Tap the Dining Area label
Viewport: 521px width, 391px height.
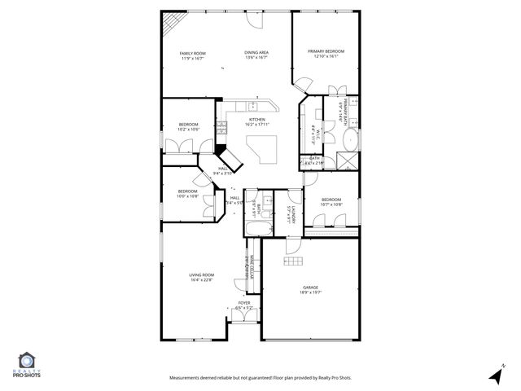point(256,54)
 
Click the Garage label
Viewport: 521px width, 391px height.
point(310,289)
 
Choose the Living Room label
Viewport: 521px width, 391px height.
point(201,277)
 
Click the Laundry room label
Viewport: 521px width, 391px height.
point(291,216)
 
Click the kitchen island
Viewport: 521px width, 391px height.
point(265,151)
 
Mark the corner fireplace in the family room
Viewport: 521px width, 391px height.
point(170,26)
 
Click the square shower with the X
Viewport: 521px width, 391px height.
point(348,159)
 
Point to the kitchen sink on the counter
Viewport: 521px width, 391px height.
point(254,105)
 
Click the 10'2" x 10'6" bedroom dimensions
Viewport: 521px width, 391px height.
point(188,129)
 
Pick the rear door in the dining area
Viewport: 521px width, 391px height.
point(259,16)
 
